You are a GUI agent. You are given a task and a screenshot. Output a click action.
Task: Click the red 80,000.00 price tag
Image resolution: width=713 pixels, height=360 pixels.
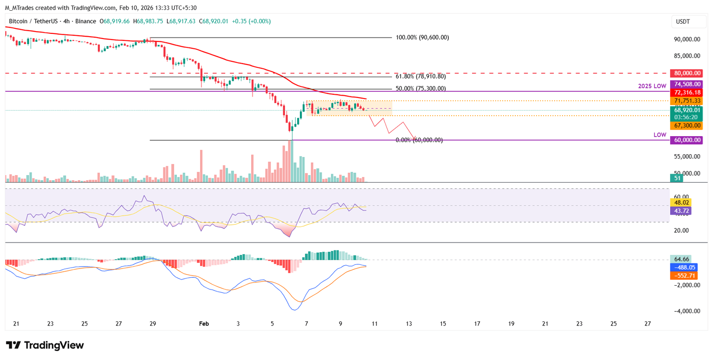pyautogui.click(x=686, y=73)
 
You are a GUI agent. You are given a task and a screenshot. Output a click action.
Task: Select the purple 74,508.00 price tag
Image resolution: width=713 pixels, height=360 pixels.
pyautogui.click(x=686, y=84)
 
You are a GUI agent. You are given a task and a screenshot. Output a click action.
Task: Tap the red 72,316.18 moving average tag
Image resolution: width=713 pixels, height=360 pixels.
pyautogui.click(x=686, y=93)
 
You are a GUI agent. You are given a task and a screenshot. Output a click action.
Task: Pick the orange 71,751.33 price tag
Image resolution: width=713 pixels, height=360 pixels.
pyautogui.click(x=686, y=101)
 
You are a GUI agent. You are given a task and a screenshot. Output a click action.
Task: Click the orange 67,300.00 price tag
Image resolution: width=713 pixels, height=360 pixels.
pyautogui.click(x=686, y=125)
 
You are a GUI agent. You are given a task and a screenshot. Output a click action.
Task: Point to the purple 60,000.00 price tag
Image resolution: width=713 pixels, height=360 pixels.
pyautogui.click(x=686, y=140)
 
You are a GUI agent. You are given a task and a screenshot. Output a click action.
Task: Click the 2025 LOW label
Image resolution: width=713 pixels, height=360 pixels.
pyautogui.click(x=652, y=86)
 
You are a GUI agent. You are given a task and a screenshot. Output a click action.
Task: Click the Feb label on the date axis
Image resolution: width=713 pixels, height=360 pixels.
pyautogui.click(x=204, y=323)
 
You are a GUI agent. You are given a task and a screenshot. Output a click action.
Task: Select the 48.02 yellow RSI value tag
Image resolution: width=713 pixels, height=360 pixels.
pyautogui.click(x=681, y=203)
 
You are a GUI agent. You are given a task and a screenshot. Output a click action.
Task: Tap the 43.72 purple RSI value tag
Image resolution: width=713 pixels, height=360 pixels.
pyautogui.click(x=681, y=211)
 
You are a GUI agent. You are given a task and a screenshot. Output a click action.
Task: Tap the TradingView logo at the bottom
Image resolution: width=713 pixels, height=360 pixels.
pyautogui.click(x=45, y=345)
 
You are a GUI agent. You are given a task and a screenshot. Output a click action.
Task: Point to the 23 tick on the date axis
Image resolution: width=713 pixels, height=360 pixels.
pyautogui.click(x=51, y=323)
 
